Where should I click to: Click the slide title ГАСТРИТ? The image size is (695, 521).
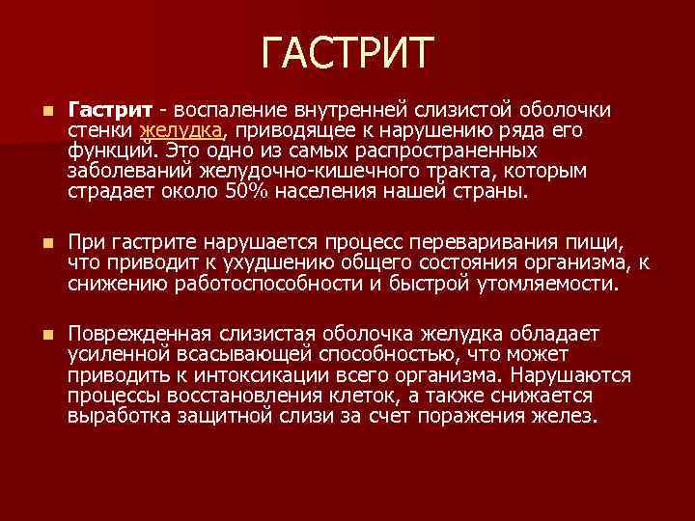click(x=347, y=54)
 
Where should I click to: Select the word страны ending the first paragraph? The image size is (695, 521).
click(x=496, y=190)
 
